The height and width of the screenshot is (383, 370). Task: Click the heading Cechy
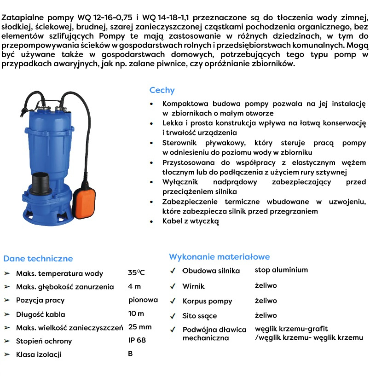pos(162,90)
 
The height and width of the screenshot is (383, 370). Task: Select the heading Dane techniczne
pos(38,258)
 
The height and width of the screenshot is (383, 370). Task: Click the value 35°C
pos(136,273)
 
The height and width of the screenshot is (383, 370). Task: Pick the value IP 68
pos(137,341)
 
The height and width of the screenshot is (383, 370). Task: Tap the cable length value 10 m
pos(136,313)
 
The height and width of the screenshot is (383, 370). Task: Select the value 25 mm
pos(140,327)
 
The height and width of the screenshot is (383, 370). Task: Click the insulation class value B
pos(131,354)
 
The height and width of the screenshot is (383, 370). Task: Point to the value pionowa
pos(143,300)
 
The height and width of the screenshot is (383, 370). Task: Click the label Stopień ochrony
pos(44,341)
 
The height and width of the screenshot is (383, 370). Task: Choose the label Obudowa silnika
pos(211,271)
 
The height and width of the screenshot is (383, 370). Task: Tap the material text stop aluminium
pos(281,270)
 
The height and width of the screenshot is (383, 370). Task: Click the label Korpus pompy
pos(207,301)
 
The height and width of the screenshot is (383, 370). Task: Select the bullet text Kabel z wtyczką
pos(191,221)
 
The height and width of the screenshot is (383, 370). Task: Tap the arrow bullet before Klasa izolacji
pos(7,354)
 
